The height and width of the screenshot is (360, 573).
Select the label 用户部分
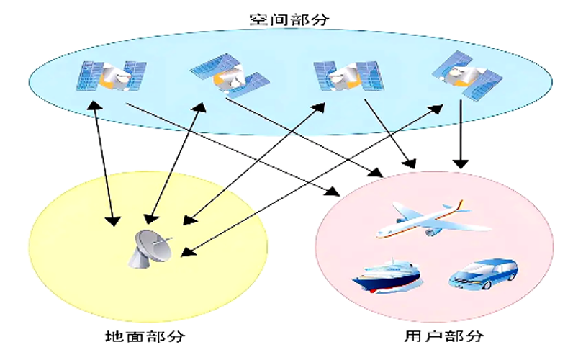(x=440, y=336)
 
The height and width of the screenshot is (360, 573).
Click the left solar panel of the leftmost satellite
(x=88, y=77)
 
